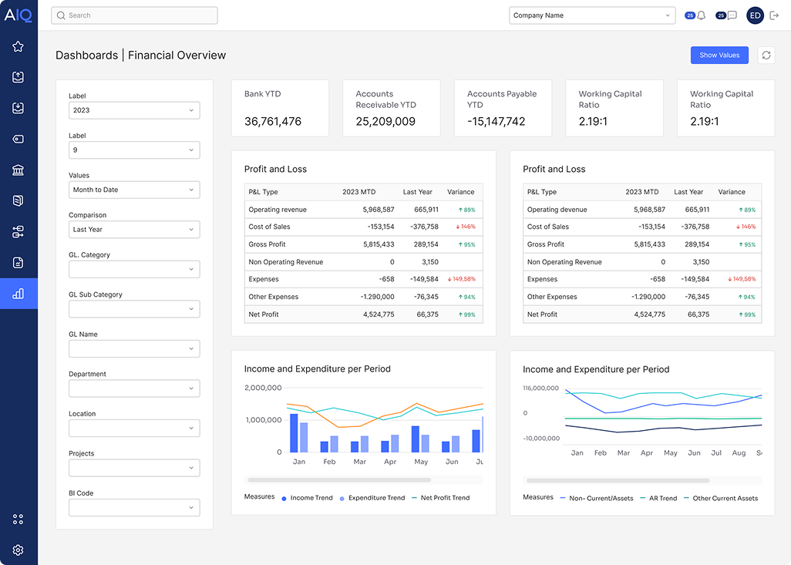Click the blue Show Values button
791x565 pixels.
point(719,55)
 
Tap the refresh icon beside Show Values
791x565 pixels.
point(766,55)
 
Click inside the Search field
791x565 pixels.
point(134,15)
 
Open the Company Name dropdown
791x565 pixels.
point(591,15)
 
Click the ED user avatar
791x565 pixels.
point(755,15)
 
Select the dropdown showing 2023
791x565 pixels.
point(134,110)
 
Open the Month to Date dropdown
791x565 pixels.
point(134,190)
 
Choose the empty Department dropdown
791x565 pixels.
point(134,388)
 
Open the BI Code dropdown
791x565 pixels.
point(134,508)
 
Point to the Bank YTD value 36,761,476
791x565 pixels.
point(273,122)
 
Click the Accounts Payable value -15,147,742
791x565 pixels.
point(496,122)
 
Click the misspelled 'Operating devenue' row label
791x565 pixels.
point(557,210)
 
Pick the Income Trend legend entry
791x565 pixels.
point(308,498)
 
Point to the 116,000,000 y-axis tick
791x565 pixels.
point(540,388)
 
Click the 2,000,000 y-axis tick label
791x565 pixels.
point(263,388)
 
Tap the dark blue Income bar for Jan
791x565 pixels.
point(294,432)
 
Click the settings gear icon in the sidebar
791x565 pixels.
point(19,550)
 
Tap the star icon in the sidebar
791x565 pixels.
point(19,46)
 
